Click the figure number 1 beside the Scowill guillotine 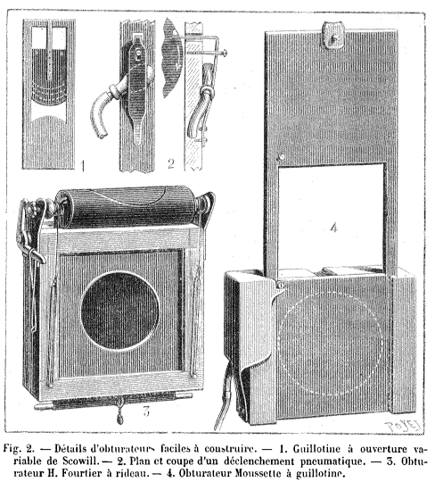tap(83, 166)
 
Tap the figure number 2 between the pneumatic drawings tap(170, 163)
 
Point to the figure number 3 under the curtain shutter tap(146, 411)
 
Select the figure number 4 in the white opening tap(334, 228)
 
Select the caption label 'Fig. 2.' tap(18, 449)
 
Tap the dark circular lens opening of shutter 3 tap(120, 311)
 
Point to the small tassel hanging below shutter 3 tap(120, 418)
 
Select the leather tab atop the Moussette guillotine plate tap(333, 36)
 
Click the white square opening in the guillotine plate tap(331, 217)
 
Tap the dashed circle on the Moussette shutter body tap(330, 344)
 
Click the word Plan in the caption tap(138, 461)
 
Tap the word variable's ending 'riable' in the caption tap(27, 461)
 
